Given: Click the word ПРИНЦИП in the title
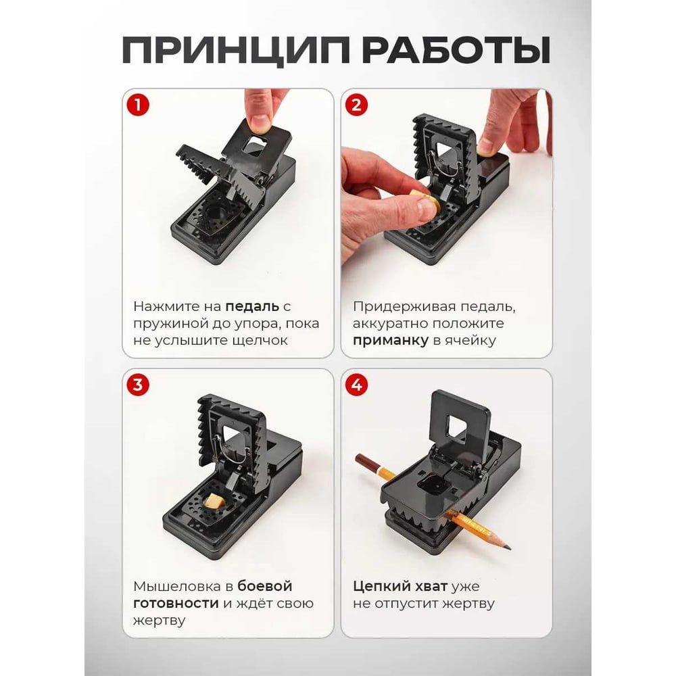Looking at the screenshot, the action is [x=235, y=50].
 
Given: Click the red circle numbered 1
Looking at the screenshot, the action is [x=137, y=105].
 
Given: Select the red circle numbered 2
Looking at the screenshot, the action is [x=356, y=105].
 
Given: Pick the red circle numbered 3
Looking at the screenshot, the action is [x=137, y=385].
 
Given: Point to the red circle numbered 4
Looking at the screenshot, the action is [x=356, y=385].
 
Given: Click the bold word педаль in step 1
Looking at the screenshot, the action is [x=252, y=307].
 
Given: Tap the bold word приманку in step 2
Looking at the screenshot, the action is [x=391, y=341].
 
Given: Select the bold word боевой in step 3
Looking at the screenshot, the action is [x=265, y=586].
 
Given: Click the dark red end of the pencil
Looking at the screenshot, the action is [x=365, y=462].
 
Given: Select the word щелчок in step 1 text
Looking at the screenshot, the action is [x=260, y=341].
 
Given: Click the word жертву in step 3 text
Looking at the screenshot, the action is [x=159, y=621].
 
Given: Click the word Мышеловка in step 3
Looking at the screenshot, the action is [x=177, y=587].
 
